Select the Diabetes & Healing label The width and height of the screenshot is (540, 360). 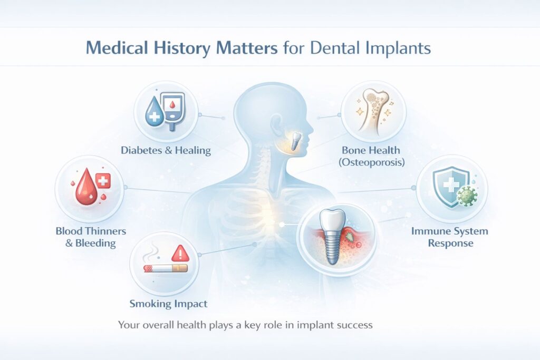166,150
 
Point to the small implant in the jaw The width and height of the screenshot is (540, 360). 296,140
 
